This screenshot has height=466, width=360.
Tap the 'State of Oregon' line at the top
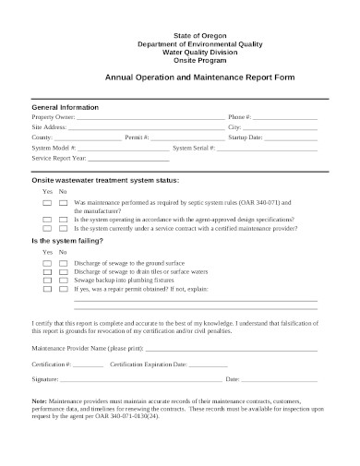(179, 34)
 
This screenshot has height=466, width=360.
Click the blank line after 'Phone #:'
(285, 119)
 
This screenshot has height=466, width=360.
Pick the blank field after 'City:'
(281, 128)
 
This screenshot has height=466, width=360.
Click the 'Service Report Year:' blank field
(114, 159)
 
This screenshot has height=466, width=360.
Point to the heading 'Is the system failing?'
(67, 241)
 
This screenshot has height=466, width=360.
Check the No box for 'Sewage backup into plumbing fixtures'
(63, 281)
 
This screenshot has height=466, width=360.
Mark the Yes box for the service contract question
(46, 227)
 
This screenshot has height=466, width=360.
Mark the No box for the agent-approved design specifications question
(63, 219)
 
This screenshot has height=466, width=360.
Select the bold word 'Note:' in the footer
(40, 402)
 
